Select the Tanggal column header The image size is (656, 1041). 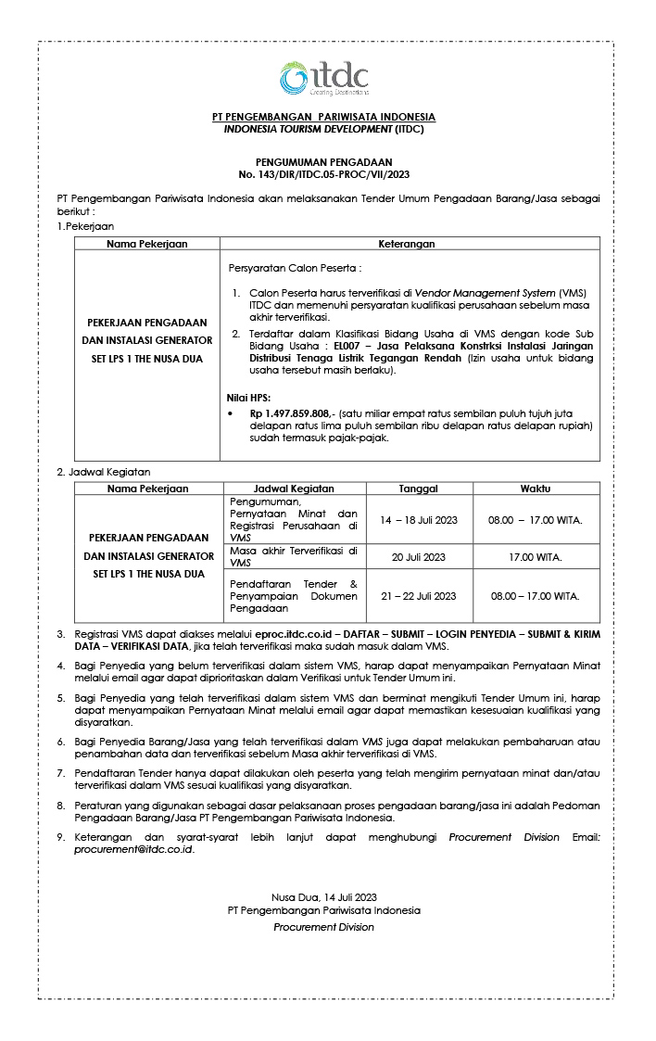pos(418,489)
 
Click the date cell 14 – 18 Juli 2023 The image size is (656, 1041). pos(418,519)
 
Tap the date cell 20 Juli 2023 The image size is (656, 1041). pos(418,556)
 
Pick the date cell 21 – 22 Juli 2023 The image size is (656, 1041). pos(418,596)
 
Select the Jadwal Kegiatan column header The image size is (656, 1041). pos(294,489)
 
